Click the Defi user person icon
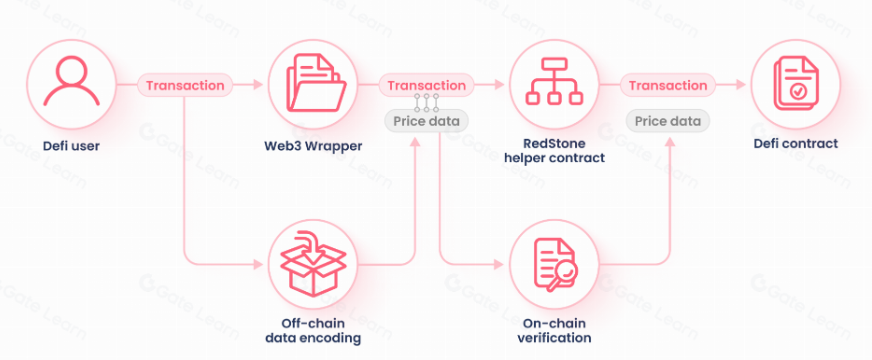click(71, 82)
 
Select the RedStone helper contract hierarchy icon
click(554, 82)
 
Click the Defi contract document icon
click(796, 85)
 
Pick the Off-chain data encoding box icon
click(313, 264)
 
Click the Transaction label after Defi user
click(185, 85)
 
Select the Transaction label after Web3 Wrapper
click(427, 85)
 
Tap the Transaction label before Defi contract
click(668, 85)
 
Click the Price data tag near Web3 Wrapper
click(427, 121)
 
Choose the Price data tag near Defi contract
click(668, 121)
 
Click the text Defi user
click(71, 146)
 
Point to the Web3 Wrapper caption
click(313, 146)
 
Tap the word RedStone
click(554, 144)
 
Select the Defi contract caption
click(796, 144)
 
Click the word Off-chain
click(313, 323)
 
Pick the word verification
click(554, 338)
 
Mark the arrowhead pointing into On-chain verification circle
click(499, 264)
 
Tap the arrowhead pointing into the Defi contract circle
click(740, 85)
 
